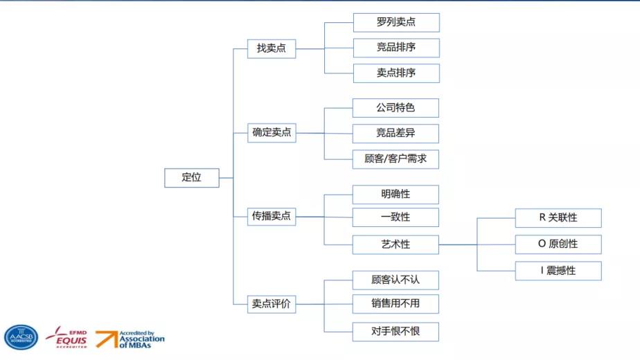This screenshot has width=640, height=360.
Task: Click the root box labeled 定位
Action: click(191, 177)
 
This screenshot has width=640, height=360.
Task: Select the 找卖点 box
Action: click(272, 48)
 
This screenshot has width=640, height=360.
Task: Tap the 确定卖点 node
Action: click(272, 133)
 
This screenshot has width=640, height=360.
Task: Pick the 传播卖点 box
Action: click(272, 217)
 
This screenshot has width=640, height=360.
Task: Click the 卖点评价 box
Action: click(272, 303)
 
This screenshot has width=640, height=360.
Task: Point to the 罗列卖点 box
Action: click(395, 22)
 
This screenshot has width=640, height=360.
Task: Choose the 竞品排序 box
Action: click(395, 48)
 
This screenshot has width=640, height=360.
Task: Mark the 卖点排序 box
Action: click(395, 73)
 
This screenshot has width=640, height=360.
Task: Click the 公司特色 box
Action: click(395, 108)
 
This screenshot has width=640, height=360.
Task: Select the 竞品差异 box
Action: click(395, 133)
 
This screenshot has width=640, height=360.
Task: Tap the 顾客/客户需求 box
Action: click(395, 159)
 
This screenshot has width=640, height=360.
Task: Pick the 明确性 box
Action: click(395, 195)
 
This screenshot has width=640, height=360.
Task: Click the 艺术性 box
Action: click(395, 244)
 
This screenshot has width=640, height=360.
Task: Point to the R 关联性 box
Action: click(558, 217)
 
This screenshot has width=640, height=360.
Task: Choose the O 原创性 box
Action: click(558, 244)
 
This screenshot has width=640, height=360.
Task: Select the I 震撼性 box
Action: click(558, 271)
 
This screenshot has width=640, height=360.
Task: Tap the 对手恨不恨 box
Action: click(395, 332)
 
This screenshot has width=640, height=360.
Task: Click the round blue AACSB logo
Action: click(21, 337)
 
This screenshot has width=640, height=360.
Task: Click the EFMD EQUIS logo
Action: click(67, 337)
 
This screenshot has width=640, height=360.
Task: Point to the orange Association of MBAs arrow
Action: click(106, 339)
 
